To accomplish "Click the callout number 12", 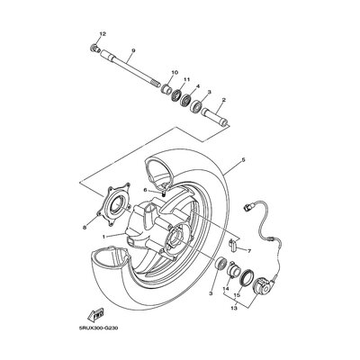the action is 103,34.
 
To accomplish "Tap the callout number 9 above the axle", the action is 133,50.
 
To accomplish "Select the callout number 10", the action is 175,72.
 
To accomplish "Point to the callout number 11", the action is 187,79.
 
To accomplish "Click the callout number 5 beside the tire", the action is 243,160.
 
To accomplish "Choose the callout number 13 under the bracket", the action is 234,308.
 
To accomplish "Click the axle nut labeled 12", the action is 94,49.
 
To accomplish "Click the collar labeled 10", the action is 167,88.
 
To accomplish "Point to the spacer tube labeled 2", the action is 215,118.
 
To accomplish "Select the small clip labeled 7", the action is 233,245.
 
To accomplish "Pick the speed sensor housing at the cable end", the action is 263,285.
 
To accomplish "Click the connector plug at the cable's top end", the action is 248,206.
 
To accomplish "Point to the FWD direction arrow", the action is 95,315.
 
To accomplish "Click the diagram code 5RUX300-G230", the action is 98,328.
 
